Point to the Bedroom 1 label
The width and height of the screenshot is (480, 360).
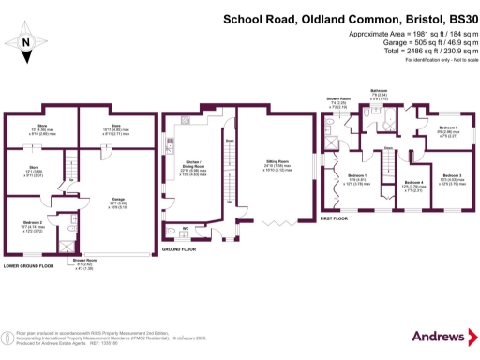click(358, 177)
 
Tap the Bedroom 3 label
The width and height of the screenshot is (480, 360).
click(452, 176)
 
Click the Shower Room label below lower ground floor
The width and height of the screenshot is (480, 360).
click(84, 266)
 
